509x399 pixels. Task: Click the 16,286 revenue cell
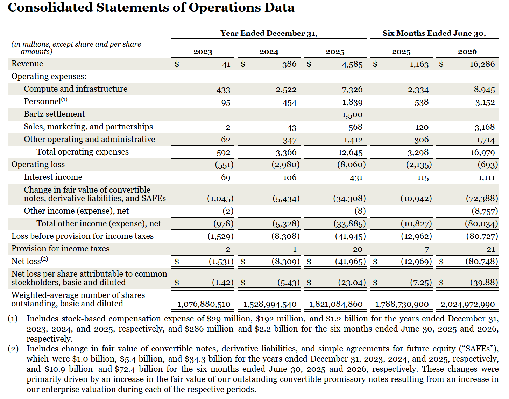482,64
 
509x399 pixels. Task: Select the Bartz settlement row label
54,114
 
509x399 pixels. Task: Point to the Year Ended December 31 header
269,33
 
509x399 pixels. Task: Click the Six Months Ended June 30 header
434,33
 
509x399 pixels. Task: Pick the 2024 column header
269,52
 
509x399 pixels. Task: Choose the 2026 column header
467,51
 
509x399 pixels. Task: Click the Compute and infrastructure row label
76,89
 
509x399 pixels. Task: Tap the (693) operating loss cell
488,165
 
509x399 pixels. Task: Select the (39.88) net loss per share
484,283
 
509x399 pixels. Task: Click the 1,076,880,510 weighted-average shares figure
204,304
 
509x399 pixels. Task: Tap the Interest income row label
53,177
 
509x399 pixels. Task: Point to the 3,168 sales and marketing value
485,127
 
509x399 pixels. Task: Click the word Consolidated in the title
50,7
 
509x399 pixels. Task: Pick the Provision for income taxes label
61,249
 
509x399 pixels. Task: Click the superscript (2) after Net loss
44,259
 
